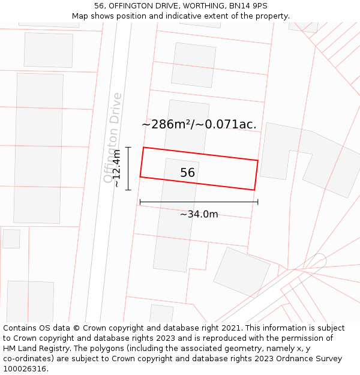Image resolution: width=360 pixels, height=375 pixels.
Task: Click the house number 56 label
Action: point(188,173)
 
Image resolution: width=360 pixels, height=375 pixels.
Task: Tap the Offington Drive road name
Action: point(112,138)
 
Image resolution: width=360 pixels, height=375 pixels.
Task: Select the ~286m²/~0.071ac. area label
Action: point(199,125)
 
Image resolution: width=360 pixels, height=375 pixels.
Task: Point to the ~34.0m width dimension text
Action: point(199,214)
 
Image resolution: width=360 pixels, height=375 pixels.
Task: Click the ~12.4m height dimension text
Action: point(117,169)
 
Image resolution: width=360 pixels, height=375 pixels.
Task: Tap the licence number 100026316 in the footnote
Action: point(25,369)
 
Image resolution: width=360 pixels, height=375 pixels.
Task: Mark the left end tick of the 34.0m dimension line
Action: point(140,202)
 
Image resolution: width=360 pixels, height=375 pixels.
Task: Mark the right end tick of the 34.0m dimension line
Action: point(258,202)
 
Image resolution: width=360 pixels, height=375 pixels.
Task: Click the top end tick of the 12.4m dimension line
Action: point(128,147)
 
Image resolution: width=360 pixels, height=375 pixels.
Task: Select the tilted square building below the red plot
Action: point(242,272)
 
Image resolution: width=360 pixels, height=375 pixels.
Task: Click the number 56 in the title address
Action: point(99,6)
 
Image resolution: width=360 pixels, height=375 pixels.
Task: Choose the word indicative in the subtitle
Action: point(170,16)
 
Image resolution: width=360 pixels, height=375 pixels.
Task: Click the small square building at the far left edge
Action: point(11,238)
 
